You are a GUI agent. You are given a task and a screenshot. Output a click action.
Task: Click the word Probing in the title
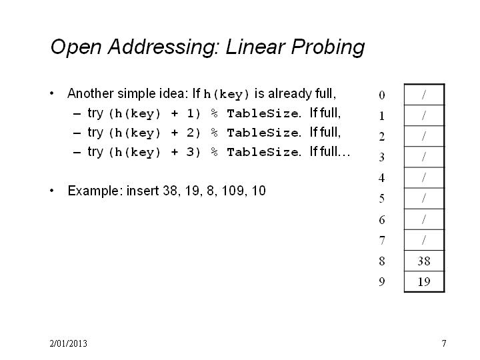coord(327,47)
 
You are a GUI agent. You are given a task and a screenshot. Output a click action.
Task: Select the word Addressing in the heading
coord(164,47)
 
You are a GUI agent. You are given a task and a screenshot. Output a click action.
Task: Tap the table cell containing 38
coord(424,261)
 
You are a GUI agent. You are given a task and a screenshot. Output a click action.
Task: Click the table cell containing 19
coord(424,281)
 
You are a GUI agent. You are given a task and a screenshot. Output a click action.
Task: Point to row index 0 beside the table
coord(382,95)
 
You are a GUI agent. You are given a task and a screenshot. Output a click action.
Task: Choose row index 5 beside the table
coord(382,199)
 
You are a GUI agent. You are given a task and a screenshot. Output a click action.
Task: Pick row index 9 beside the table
coord(382,281)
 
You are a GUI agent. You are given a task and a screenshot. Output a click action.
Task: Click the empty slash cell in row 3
coord(424,157)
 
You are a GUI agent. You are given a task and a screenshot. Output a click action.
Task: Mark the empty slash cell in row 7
coord(424,240)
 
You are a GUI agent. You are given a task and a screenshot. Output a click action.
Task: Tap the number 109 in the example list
coord(233,191)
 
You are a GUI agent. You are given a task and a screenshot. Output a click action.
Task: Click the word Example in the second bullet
coord(93,191)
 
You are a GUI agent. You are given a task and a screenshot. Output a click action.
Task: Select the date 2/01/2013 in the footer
coord(68,343)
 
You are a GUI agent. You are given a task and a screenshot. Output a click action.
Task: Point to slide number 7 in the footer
coord(444,343)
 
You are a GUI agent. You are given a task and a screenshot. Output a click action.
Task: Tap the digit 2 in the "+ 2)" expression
coord(191,133)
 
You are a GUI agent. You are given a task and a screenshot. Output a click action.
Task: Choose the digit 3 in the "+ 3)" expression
coord(191,152)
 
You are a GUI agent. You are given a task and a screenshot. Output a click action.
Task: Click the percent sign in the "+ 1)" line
coord(214,113)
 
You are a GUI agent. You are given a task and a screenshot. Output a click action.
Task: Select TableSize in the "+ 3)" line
coord(263,152)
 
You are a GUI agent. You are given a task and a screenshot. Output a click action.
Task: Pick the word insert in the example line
coord(143,191)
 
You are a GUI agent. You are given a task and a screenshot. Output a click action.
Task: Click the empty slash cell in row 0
coord(424,95)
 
